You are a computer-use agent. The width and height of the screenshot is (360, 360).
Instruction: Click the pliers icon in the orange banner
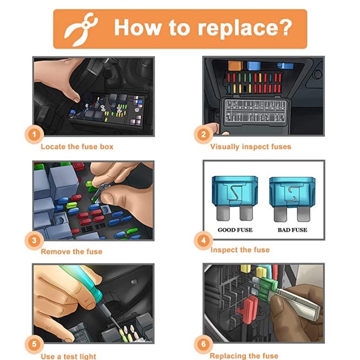81,29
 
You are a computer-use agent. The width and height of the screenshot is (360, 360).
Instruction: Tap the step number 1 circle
34,134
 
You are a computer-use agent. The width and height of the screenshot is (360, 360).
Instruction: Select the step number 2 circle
203,134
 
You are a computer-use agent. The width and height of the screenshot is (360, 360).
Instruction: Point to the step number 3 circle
34,240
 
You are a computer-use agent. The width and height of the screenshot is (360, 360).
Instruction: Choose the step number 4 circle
203,240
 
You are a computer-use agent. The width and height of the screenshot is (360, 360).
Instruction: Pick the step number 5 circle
34,344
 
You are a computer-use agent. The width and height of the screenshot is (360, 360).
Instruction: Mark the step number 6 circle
203,344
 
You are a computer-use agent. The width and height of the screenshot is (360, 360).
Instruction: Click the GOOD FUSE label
235,230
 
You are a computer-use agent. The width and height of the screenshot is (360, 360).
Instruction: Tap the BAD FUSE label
292,230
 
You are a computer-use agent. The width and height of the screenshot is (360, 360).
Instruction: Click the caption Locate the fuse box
77,147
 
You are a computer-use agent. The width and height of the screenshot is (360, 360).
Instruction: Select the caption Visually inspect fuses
251,147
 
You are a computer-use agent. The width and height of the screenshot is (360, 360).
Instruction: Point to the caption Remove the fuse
72,252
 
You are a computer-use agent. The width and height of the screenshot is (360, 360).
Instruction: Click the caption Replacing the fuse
244,356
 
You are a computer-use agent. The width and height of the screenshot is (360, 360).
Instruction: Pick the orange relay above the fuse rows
235,65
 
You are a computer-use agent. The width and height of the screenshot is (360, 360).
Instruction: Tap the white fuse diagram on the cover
255,111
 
